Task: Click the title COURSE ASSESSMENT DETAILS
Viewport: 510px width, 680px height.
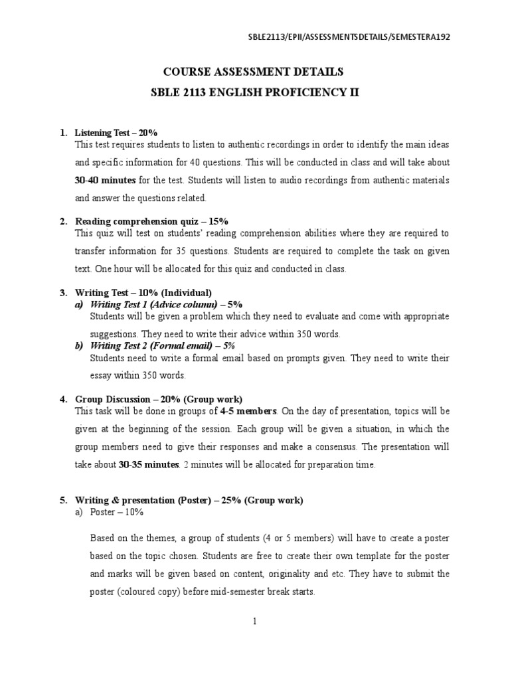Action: (x=255, y=72)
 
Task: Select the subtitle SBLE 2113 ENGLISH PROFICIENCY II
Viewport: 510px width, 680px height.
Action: (x=255, y=92)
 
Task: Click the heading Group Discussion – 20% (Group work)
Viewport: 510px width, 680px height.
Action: (x=159, y=399)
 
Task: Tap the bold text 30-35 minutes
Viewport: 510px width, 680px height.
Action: (x=149, y=465)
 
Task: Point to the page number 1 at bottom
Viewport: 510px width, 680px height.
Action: (x=255, y=621)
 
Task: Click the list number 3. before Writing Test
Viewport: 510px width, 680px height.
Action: (x=64, y=292)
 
